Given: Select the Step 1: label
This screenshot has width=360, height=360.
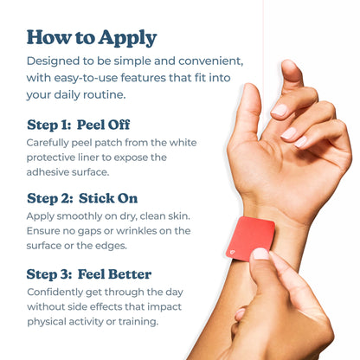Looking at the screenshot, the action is pyautogui.click(x=48, y=125).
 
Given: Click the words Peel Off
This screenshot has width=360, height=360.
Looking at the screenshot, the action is pyautogui.click(x=103, y=125).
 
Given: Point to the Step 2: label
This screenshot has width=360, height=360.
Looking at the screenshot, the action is pyautogui.click(x=49, y=198).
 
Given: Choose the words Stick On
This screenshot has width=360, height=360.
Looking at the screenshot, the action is pyautogui.click(x=108, y=198).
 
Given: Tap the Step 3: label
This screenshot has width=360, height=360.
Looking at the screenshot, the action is pyautogui.click(x=49, y=274).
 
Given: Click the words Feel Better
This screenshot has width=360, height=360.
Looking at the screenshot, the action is pyautogui.click(x=114, y=274).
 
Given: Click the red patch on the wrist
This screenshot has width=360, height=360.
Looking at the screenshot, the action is pyautogui.click(x=250, y=239).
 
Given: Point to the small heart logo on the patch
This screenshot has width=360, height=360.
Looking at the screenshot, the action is pyautogui.click(x=232, y=253).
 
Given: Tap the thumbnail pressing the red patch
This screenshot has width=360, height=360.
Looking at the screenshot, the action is pyautogui.click(x=260, y=254).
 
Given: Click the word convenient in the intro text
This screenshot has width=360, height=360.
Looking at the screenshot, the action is pyautogui.click(x=210, y=61).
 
